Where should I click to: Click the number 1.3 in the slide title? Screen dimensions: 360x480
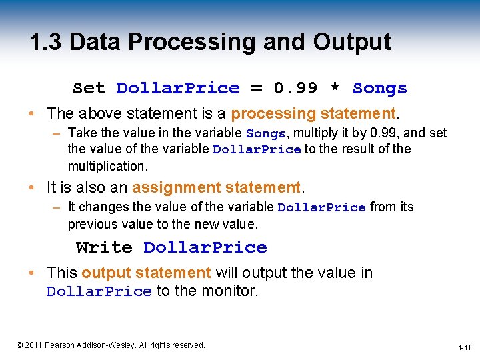point(45,42)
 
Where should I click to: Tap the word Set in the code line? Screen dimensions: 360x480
point(89,88)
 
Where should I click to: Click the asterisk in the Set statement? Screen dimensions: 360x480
point(335,88)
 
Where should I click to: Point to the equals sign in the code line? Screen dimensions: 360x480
point(256,88)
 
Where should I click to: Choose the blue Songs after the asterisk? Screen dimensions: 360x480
point(379,88)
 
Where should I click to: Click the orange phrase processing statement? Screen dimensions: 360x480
point(313,113)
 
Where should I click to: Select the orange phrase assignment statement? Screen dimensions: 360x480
point(217,188)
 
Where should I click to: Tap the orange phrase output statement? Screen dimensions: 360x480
point(146,273)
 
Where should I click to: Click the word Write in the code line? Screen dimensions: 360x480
point(104,247)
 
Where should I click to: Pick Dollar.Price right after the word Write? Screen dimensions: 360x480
point(205,247)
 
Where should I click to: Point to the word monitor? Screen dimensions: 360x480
point(228,291)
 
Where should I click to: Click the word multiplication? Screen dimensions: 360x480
point(107,165)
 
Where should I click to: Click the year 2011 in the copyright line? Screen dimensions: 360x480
point(34,345)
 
